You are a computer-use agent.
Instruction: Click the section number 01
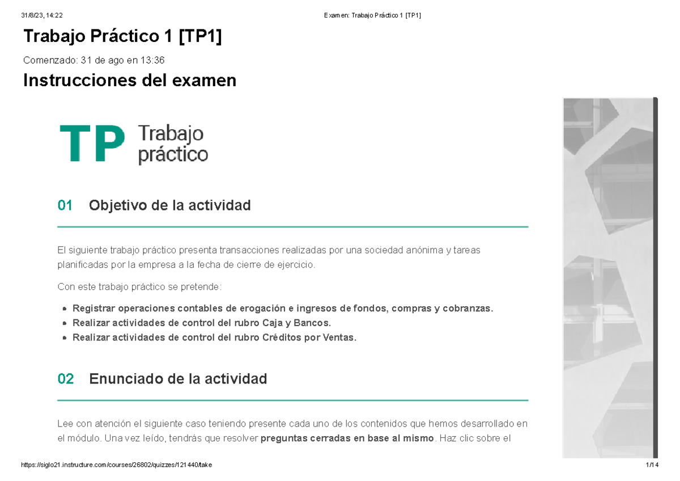(x=65, y=205)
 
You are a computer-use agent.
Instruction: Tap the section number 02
(x=66, y=379)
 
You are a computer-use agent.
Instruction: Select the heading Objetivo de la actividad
(x=169, y=205)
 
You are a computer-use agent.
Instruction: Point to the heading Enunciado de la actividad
(x=178, y=379)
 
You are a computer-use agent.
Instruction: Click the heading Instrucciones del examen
(x=129, y=81)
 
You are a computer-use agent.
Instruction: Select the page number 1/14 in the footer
(x=652, y=465)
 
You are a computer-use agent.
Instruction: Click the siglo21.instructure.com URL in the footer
(x=116, y=465)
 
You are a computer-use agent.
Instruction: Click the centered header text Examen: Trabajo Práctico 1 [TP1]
(x=372, y=15)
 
